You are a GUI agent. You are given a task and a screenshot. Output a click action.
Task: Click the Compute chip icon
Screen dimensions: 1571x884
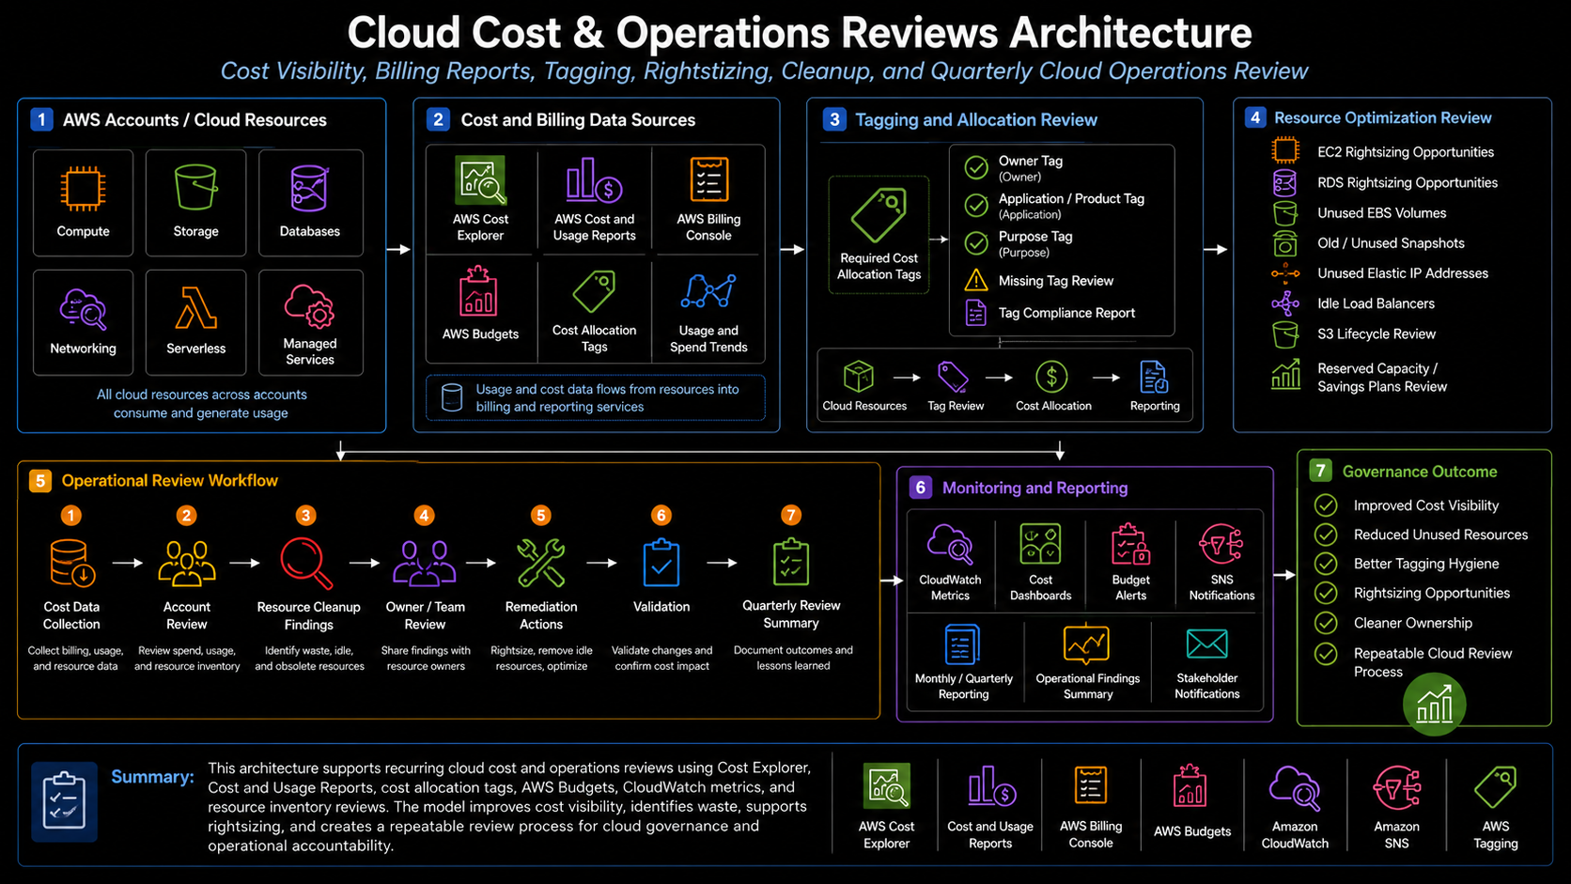[83, 188]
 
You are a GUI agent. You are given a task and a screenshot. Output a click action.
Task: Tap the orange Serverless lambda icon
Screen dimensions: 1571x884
[195, 308]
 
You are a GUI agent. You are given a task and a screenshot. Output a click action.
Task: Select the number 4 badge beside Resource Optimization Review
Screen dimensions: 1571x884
[1255, 117]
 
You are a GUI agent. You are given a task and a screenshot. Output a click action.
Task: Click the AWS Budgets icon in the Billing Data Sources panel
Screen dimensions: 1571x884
[478, 291]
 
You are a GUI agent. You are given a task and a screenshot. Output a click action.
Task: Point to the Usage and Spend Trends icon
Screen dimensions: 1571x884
[708, 291]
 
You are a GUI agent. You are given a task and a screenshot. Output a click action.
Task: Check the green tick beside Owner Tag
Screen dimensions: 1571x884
[976, 167]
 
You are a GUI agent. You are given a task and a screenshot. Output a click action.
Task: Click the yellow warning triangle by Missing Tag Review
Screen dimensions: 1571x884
[976, 280]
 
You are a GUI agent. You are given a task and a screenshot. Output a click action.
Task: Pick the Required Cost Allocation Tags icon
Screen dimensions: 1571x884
[879, 214]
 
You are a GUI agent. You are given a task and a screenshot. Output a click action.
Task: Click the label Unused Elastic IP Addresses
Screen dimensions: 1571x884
[1403, 273]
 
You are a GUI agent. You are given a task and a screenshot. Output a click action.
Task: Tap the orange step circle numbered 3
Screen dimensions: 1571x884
[305, 515]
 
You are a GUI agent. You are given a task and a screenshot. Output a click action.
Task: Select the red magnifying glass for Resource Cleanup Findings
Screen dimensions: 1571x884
[306, 562]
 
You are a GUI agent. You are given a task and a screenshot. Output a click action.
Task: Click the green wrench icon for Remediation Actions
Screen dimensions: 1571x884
[540, 562]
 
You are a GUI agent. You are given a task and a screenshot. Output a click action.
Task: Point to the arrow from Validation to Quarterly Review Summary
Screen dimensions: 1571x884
[723, 562]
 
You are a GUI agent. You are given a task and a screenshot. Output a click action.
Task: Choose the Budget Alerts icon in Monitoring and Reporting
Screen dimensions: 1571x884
[1130, 544]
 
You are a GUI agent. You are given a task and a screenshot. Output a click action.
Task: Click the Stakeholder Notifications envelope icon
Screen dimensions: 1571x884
[1207, 644]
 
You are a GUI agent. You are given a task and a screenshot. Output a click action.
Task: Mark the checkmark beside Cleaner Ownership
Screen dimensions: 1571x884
[1326, 623]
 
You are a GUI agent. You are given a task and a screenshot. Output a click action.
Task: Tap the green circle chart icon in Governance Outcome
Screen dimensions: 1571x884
[1434, 704]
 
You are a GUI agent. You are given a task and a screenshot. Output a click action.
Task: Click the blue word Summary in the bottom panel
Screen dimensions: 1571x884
[152, 777]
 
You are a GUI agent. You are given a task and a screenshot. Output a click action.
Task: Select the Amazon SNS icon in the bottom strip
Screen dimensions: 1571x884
[1396, 788]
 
